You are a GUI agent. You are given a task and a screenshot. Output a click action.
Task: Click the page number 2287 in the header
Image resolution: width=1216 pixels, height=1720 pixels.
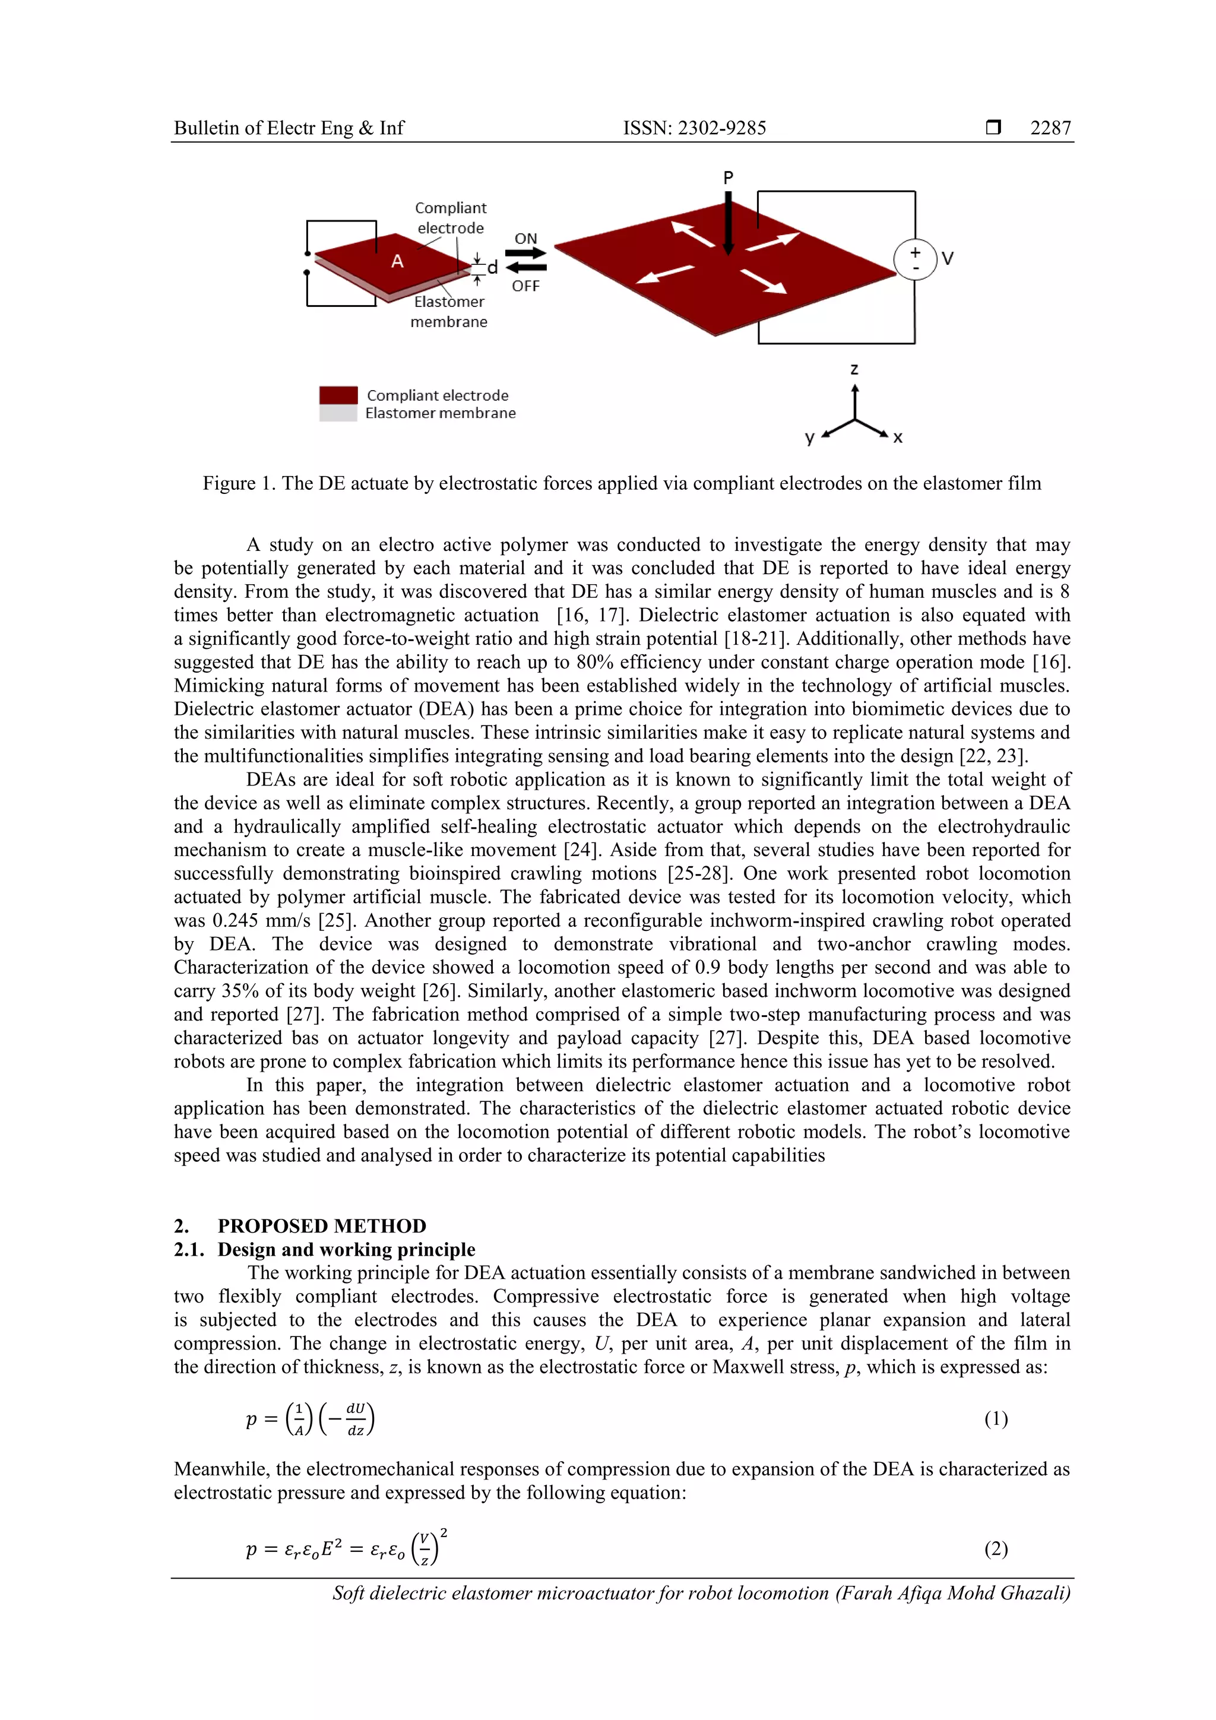pos(1050,128)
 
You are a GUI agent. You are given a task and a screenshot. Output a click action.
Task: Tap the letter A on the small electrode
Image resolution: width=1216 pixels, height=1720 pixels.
pos(397,261)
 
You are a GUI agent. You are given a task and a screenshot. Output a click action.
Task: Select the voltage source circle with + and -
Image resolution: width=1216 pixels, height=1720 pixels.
pos(915,259)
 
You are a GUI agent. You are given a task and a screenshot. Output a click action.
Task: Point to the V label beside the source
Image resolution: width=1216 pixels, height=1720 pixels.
pos(948,259)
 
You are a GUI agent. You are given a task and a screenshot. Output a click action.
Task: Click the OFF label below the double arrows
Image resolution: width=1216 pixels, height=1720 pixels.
pos(525,286)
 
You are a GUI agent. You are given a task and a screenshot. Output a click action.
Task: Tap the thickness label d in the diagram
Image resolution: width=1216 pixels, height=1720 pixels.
pos(492,267)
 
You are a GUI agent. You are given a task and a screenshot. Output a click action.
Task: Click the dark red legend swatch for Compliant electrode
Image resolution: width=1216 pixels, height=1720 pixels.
pos(338,395)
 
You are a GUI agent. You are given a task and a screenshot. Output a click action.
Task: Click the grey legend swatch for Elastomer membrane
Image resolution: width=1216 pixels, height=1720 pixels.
pos(338,413)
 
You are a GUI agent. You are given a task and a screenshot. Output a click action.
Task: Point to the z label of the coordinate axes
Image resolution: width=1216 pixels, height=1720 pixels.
pos(854,369)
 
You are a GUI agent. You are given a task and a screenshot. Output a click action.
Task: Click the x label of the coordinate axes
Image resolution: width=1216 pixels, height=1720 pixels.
pos(898,438)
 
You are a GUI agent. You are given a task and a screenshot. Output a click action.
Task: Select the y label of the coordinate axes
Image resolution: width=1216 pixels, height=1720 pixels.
pos(809,438)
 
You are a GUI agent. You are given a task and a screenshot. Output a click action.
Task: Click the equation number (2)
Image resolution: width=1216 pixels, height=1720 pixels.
pos(995,1548)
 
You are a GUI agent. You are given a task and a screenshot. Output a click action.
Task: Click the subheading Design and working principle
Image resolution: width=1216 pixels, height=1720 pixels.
pos(346,1250)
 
